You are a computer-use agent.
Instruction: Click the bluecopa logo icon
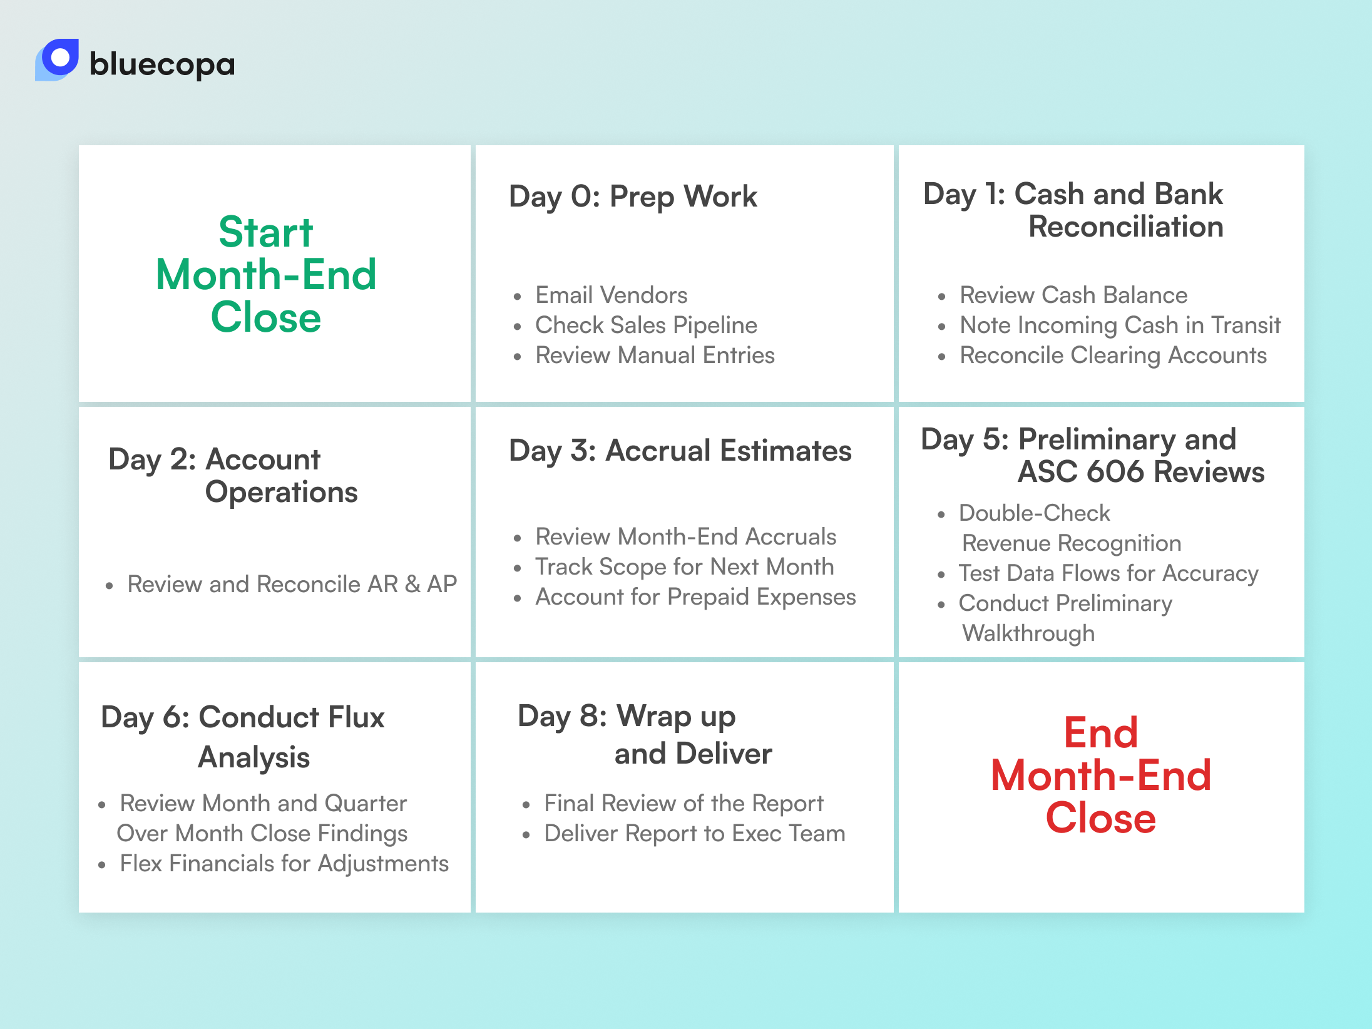pos(58,59)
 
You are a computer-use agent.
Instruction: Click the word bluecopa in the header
pos(162,64)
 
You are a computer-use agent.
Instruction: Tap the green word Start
pos(265,232)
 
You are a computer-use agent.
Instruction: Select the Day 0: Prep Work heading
pos(633,197)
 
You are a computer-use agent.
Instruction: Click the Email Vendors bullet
pos(611,295)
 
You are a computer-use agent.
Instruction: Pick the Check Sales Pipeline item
pos(646,325)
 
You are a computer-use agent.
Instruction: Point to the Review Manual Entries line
pos(655,355)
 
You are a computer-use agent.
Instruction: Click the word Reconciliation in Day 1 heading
pos(1125,227)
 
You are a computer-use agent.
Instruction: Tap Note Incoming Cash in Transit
pos(1120,325)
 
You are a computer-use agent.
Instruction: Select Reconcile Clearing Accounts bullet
pos(1113,355)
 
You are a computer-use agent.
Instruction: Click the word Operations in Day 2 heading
pos(281,492)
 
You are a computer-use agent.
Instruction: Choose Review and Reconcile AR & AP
pos(292,584)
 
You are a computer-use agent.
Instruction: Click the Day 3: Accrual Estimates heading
pos(680,451)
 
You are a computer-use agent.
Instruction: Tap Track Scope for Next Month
pos(684,566)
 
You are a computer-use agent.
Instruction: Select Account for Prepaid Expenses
pos(695,596)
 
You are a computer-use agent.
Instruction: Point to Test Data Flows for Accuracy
pos(1108,573)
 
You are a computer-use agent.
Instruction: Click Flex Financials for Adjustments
pos(284,863)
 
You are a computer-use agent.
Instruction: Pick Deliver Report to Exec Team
pos(694,833)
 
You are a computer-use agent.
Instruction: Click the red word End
pos(1100,732)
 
